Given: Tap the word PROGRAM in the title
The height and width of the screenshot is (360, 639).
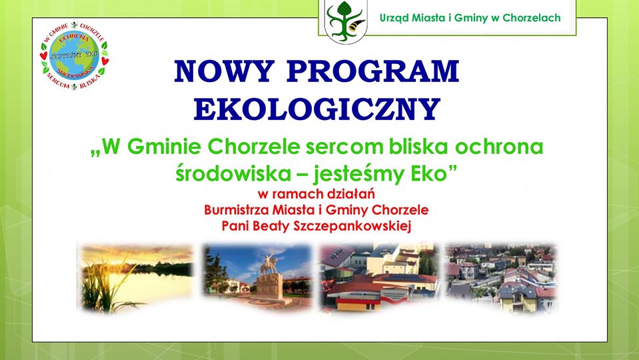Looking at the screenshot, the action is click(373, 71).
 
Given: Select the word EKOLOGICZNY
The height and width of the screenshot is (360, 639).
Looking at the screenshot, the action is click(317, 109).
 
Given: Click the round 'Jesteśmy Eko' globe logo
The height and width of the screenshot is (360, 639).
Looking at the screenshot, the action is click(74, 56).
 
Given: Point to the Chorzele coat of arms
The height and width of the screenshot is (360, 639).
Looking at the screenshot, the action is click(346, 21).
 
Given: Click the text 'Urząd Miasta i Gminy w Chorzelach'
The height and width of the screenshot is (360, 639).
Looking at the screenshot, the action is click(470, 18).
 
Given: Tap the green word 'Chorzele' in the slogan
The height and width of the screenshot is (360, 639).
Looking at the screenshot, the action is click(254, 147).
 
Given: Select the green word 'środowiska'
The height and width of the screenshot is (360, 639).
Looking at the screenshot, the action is click(233, 174).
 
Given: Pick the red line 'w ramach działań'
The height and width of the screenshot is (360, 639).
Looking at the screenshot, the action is click(316, 193).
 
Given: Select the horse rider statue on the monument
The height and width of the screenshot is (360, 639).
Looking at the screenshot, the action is click(269, 264).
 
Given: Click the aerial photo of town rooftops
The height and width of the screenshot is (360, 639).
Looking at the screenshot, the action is click(501, 277).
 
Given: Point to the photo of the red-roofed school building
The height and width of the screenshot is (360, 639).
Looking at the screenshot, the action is click(379, 279).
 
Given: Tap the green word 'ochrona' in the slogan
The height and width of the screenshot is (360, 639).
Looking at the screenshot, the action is click(499, 147).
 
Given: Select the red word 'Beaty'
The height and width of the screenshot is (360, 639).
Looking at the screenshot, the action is click(267, 226).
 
